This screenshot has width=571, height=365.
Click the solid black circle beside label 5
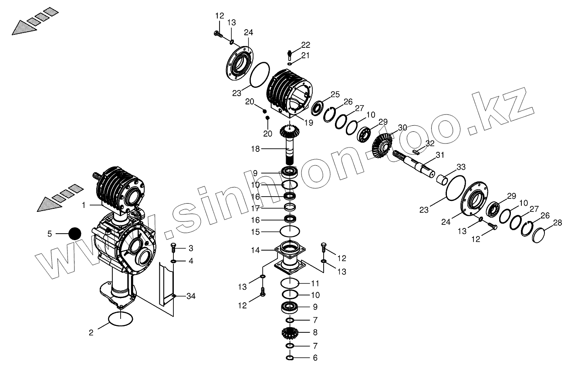coord(75,234)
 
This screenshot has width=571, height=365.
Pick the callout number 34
coord(190,296)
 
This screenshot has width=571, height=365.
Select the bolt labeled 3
coord(173,248)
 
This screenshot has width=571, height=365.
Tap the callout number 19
coord(308,123)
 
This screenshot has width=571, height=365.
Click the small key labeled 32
coord(416,151)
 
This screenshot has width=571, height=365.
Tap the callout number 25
coord(334,94)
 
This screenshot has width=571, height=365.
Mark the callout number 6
coord(315,358)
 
